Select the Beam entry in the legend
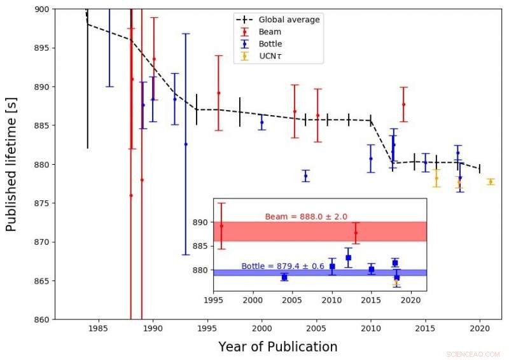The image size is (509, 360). [270, 32]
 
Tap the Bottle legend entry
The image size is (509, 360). [271, 44]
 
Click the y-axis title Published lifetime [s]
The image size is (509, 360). [11, 164]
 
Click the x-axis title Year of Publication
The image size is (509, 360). [277, 347]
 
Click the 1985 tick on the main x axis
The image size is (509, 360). [98, 328]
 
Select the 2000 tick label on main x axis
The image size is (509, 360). [261, 328]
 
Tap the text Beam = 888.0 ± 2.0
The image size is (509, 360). [306, 217]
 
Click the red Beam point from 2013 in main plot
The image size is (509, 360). [403, 104]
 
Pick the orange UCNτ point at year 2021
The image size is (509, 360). [491, 182]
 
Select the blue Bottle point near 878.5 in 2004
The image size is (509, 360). [305, 176]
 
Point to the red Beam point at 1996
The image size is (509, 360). [218, 93]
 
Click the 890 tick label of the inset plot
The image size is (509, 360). [200, 223]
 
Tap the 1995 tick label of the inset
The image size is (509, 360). [213, 300]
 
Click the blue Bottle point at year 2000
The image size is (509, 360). [261, 122]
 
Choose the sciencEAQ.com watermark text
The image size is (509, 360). [473, 354]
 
